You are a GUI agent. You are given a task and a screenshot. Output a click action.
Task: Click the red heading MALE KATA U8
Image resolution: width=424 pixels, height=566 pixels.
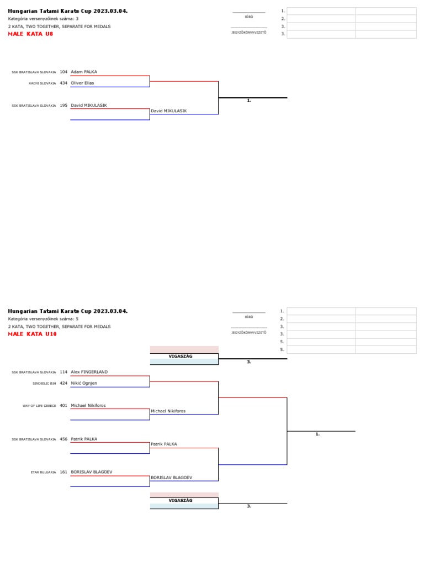click(30, 34)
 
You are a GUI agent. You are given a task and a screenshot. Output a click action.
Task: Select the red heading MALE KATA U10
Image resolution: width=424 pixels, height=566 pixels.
click(32, 334)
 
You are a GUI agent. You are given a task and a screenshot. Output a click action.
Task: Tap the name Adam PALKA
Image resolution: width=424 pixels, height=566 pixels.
click(84, 72)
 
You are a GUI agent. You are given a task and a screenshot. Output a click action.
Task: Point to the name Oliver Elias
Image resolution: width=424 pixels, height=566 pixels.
click(82, 83)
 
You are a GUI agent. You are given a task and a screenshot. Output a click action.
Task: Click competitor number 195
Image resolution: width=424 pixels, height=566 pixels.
click(63, 105)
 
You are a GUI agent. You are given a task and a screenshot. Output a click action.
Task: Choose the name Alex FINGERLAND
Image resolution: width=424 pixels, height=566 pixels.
click(89, 372)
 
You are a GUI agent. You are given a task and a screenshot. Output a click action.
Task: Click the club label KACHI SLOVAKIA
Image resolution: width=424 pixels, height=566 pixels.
click(43, 83)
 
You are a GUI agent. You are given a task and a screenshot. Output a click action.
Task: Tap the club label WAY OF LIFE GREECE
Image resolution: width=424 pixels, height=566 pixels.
click(39, 406)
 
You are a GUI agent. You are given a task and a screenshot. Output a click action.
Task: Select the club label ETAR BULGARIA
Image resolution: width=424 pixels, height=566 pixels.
click(43, 473)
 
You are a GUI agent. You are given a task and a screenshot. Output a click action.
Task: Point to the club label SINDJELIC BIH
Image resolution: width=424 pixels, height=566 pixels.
click(44, 384)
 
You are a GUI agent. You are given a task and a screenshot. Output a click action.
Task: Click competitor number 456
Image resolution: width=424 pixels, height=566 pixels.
click(63, 439)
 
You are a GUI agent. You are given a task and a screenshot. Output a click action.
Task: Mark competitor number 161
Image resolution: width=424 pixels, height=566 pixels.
click(63, 472)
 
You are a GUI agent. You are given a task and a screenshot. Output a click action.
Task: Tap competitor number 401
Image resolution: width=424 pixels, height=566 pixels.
click(63, 405)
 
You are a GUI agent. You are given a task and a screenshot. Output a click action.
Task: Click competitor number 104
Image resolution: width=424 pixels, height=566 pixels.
click(63, 72)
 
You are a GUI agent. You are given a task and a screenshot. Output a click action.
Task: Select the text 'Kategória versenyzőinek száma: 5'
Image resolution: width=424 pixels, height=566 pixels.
click(43, 319)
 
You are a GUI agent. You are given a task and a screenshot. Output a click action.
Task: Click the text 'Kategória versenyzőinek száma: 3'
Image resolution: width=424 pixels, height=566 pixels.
click(43, 18)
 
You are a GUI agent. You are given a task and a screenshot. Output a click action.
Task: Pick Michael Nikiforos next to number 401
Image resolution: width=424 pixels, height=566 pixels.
click(88, 405)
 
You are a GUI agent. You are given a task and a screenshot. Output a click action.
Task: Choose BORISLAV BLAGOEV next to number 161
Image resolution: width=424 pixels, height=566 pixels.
click(92, 472)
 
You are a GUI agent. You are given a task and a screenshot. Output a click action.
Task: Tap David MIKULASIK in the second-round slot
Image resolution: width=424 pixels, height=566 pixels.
click(168, 111)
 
